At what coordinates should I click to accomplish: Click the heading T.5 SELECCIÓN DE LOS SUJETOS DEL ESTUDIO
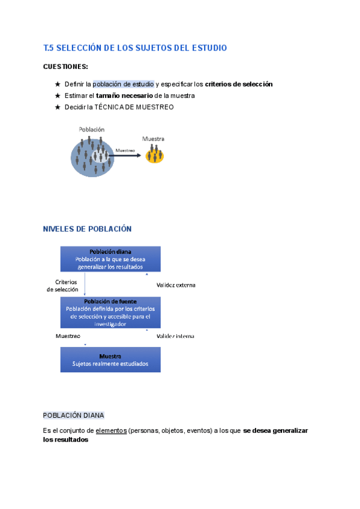tap(135, 47)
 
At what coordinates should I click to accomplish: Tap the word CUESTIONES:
tap(65, 67)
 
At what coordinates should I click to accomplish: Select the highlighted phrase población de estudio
tap(123, 84)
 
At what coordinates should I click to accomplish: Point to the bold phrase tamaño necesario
tap(124, 95)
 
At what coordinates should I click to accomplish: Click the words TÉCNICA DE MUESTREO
tap(142, 107)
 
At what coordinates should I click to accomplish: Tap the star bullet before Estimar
tap(58, 95)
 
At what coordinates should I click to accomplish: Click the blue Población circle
tap(91, 156)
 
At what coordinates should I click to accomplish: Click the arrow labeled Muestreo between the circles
tap(125, 155)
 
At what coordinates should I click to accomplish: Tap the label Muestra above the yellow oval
tap(153, 139)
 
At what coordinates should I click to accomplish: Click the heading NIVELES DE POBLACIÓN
tap(87, 229)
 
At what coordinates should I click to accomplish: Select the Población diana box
tap(110, 259)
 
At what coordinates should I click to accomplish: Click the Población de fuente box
tap(110, 312)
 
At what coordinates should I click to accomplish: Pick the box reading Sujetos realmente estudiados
tap(110, 360)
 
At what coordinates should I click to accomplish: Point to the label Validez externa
tap(176, 285)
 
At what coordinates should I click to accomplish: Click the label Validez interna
tap(175, 336)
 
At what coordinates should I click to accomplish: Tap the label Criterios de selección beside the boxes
tap(63, 285)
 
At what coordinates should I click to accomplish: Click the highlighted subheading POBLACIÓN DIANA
tap(74, 415)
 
